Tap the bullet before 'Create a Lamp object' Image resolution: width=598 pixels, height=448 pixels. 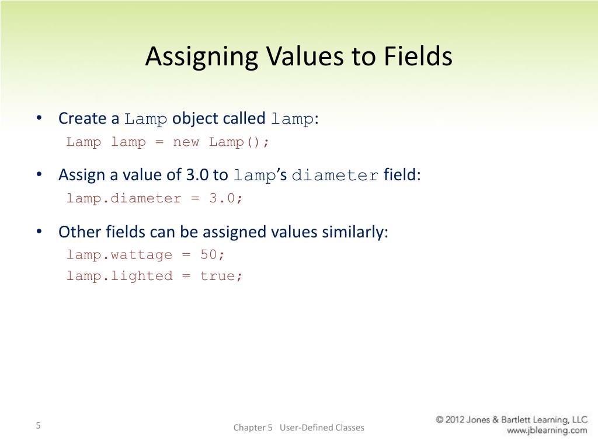click(x=39, y=118)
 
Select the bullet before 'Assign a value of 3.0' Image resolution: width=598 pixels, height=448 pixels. click(x=39, y=175)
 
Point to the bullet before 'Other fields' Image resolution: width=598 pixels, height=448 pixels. click(x=39, y=232)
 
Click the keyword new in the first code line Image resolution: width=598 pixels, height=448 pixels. click(x=186, y=142)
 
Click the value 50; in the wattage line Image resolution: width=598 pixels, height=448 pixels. click(x=213, y=255)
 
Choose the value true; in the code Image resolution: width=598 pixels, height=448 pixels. click(x=221, y=276)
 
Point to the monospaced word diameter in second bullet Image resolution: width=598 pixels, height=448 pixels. click(x=335, y=176)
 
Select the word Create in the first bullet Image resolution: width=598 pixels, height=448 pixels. click(x=82, y=118)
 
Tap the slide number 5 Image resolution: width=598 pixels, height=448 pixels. click(x=38, y=425)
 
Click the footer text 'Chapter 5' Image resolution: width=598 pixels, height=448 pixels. click(x=253, y=428)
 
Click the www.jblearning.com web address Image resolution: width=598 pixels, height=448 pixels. click(x=547, y=431)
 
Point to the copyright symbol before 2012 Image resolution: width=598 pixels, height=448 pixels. click(x=441, y=419)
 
